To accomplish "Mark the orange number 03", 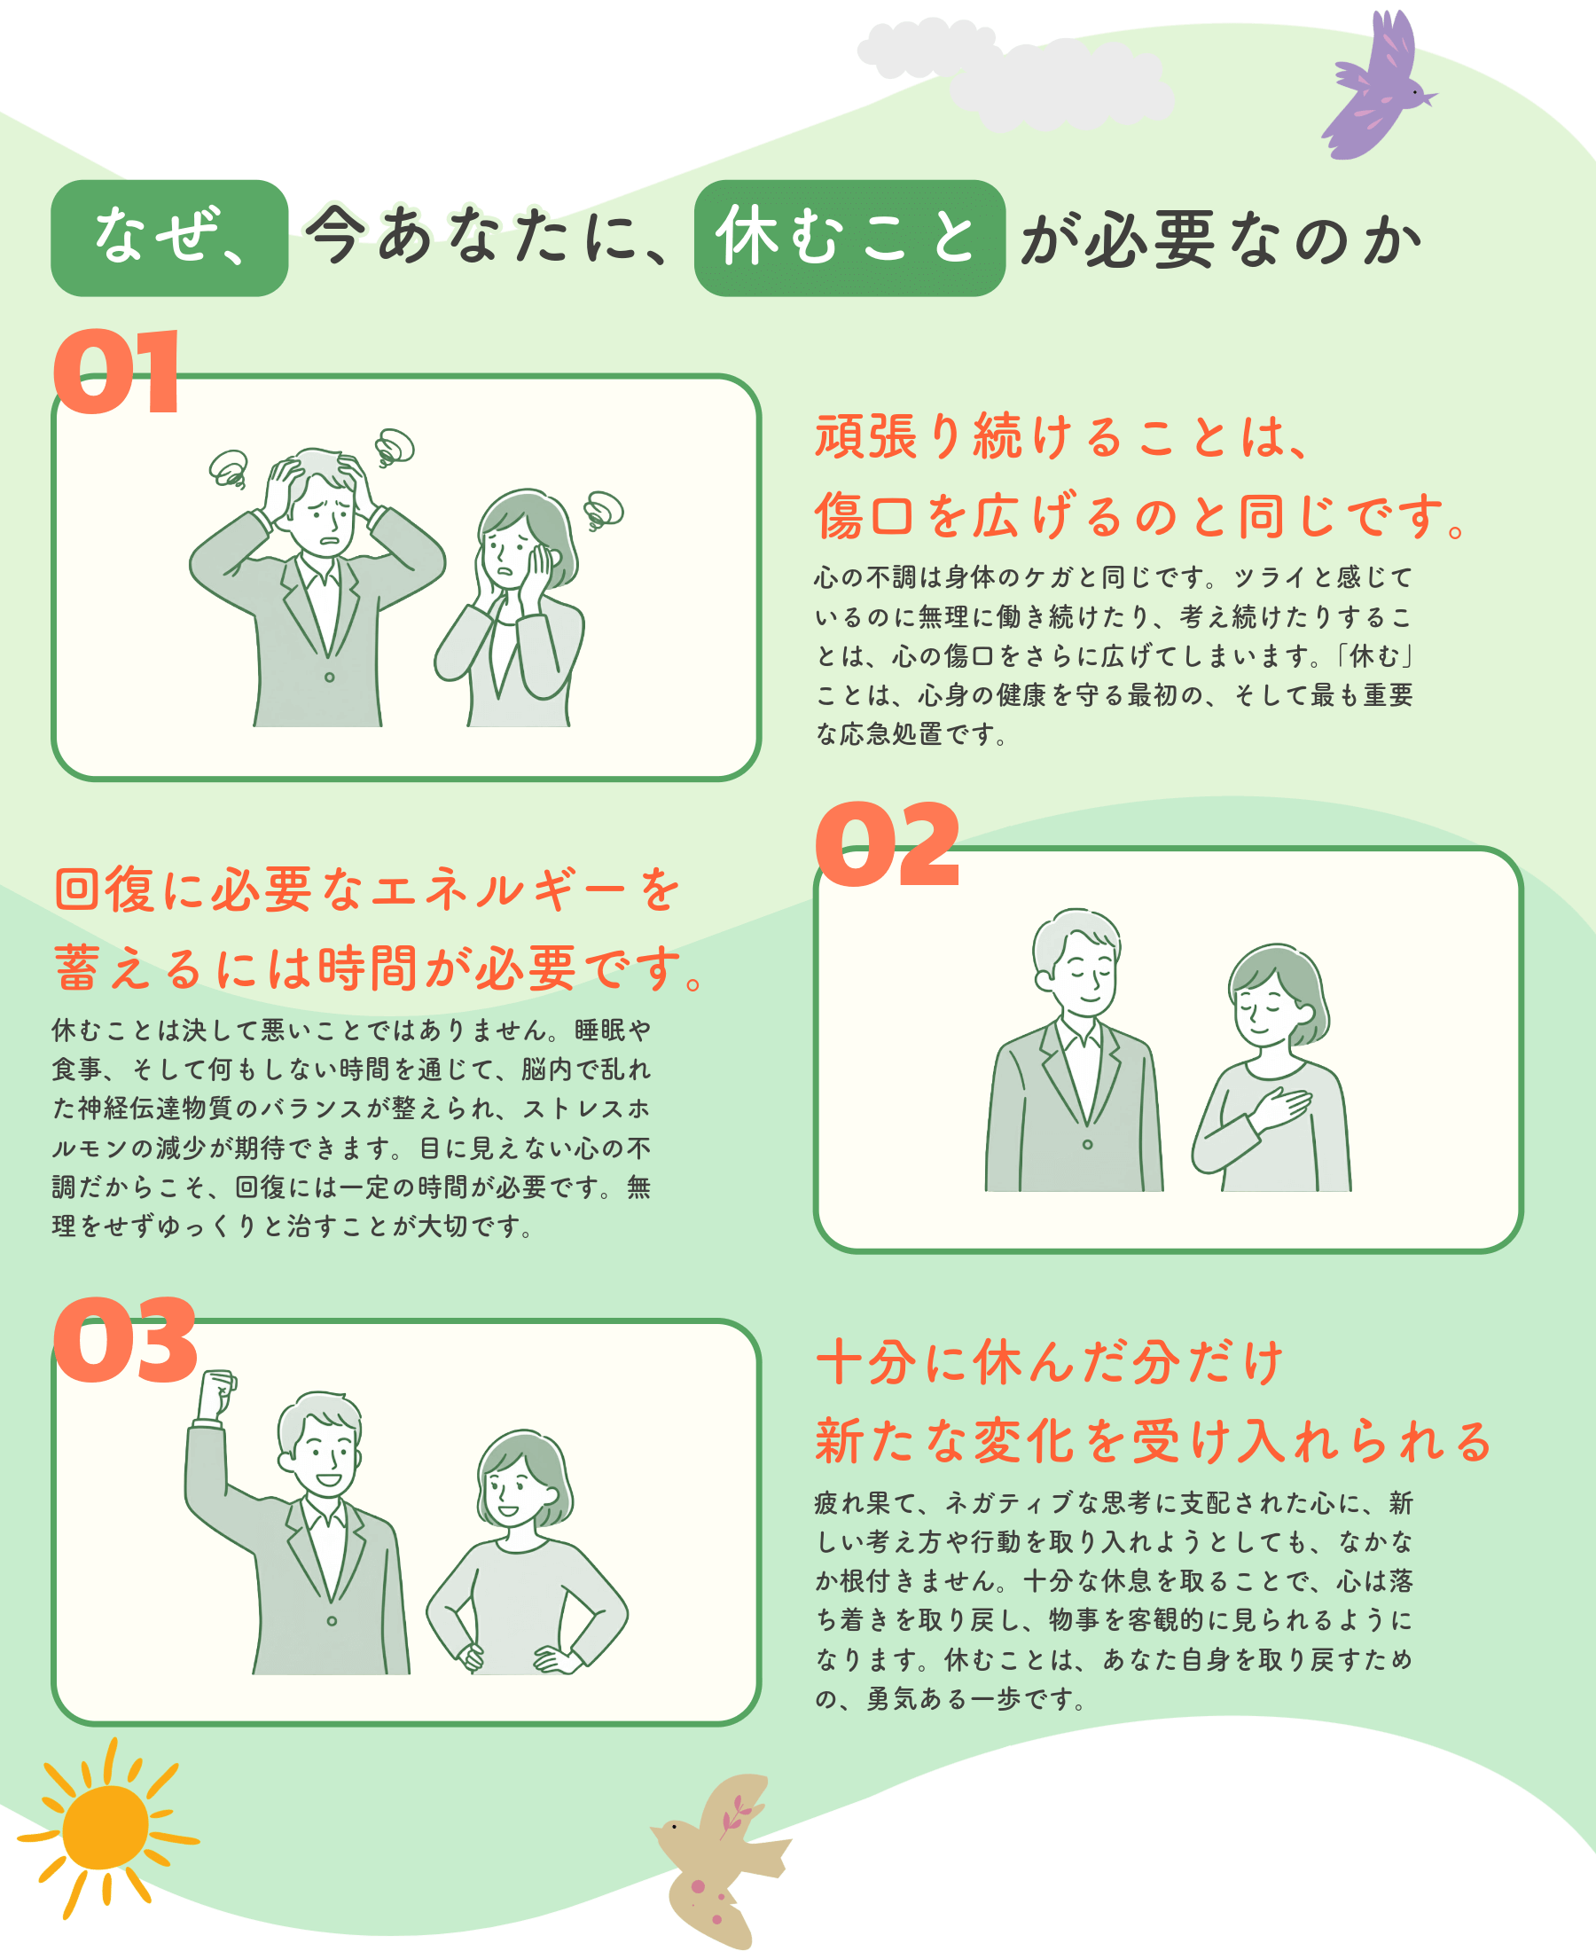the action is point(125,1340).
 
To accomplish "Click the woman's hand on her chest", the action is point(1279,1109).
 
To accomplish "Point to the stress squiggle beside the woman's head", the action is point(604,509).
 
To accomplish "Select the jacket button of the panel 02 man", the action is point(1088,1145).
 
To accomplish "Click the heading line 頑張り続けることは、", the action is point(1062,435).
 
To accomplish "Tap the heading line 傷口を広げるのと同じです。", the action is point(1141,515).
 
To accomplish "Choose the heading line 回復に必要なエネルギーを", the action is point(368,889).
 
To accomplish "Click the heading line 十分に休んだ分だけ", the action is point(1049,1361).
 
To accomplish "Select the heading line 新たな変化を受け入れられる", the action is point(1154,1441).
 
